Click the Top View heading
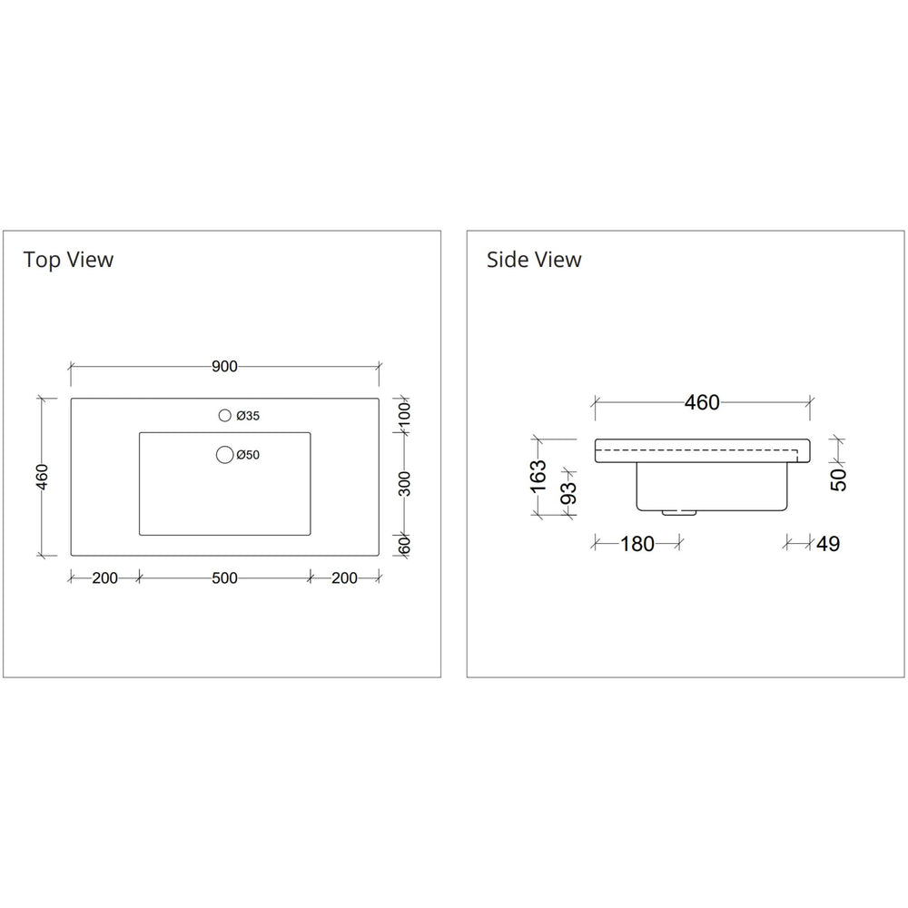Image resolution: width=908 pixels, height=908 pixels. coord(69,260)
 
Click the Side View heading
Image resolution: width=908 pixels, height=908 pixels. coord(534,260)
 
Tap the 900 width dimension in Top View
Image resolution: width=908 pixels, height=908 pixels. coord(224,367)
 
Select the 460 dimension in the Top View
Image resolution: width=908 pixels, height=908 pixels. coord(43,476)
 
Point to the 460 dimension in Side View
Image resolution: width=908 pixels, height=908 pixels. coord(701,402)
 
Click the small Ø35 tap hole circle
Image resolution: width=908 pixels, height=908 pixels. coord(224,416)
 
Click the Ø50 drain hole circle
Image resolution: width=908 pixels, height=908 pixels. coord(224,455)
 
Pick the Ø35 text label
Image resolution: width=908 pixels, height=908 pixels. coord(248,416)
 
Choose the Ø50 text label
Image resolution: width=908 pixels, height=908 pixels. coord(248,455)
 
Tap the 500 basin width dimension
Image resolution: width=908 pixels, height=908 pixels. coord(224,578)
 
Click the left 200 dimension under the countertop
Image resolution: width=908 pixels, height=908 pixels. coord(104,578)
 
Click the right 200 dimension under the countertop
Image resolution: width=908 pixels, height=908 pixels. coord(344,578)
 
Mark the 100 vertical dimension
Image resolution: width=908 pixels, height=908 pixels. coord(405,415)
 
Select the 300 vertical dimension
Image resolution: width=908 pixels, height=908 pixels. coord(405,483)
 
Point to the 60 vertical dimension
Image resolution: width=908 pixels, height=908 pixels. coord(405,545)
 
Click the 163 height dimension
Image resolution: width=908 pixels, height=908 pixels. coord(538,477)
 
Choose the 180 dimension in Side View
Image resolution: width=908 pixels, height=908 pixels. coord(637,544)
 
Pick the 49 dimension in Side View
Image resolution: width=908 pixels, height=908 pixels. coord(827,544)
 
